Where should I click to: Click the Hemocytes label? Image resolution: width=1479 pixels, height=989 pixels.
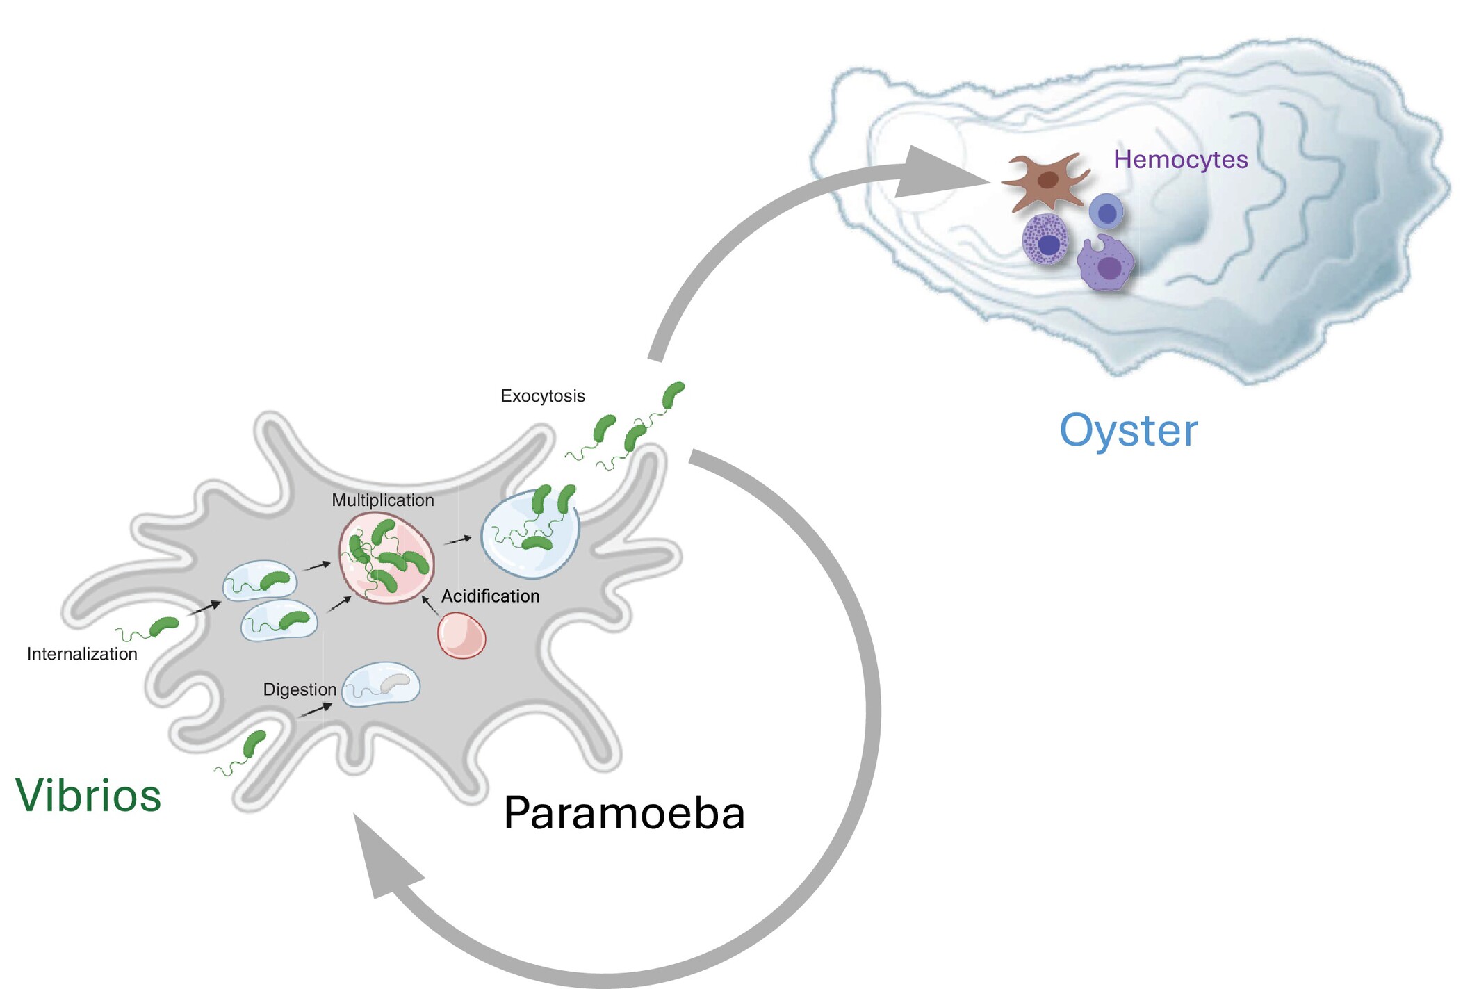click(1180, 160)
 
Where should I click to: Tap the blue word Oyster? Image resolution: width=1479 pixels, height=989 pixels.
click(1128, 431)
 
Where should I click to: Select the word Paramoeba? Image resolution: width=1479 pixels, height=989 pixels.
click(623, 812)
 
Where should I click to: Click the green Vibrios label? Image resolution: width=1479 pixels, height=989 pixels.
click(88, 795)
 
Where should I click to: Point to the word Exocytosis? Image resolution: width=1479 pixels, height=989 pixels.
click(542, 396)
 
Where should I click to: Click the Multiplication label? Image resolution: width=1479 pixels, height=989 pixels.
click(382, 500)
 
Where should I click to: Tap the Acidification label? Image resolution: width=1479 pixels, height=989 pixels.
click(490, 596)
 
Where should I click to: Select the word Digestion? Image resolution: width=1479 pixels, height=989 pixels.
click(300, 689)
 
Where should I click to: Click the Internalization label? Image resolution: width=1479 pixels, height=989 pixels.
click(82, 654)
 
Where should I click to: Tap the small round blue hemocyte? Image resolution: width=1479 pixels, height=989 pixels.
click(1106, 212)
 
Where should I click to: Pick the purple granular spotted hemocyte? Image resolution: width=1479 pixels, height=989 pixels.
click(1045, 240)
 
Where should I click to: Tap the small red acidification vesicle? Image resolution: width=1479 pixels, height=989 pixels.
click(461, 635)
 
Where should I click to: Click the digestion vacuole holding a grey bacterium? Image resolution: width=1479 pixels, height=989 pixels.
click(382, 685)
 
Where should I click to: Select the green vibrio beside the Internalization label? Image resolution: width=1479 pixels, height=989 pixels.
click(164, 627)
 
